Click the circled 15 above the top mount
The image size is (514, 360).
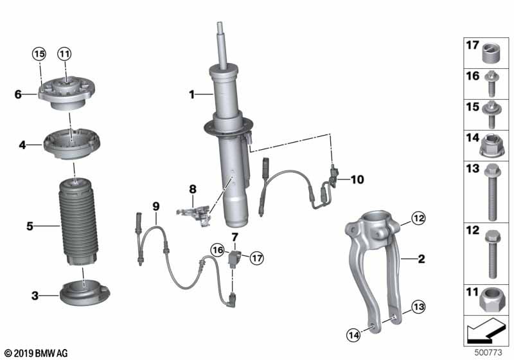[39, 54]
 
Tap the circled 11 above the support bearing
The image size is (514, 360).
[65, 54]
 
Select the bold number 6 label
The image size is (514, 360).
[18, 94]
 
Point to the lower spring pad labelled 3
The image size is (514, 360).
[85, 292]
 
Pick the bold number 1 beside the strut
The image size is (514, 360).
[191, 94]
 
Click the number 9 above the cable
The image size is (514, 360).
[156, 206]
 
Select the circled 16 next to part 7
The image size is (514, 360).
[218, 251]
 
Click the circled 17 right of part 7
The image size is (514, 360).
[256, 258]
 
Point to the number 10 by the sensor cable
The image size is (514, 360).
[357, 179]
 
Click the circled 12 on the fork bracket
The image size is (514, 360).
[418, 218]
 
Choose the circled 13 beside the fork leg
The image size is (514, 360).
[419, 307]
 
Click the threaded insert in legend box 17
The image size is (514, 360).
[492, 53]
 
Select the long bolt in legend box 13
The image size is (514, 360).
[492, 192]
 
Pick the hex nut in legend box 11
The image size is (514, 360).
[490, 300]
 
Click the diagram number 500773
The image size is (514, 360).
[488, 352]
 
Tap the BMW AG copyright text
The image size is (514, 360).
[37, 353]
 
